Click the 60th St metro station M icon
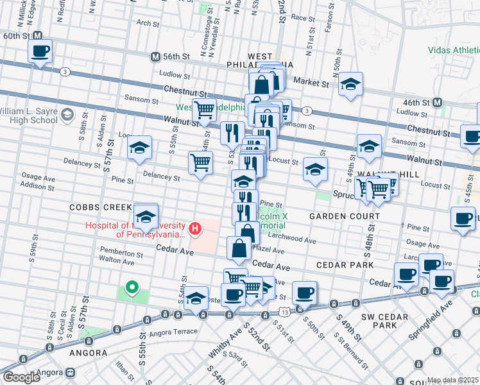pos(38,36)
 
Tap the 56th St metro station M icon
pos(155,57)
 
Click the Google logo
pos(21,377)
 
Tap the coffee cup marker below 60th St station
pos(40,51)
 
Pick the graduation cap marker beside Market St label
pos(350,85)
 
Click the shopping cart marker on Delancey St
pos(200,163)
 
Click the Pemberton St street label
pos(116,253)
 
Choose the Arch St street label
pos(148,23)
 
